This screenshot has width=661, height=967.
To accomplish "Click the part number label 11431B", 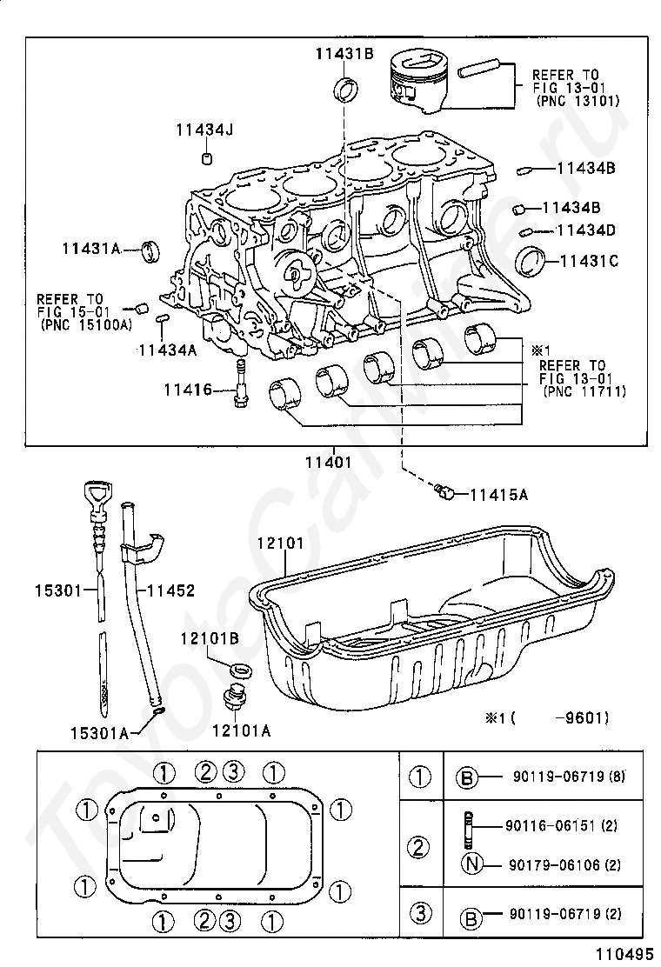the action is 344,54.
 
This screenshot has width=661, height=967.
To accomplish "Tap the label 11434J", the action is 204,130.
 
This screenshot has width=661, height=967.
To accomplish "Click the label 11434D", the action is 586,230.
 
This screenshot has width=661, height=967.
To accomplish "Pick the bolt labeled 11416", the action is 240,383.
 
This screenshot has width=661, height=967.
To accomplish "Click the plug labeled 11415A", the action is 444,491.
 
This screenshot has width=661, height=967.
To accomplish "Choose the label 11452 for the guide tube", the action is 170,590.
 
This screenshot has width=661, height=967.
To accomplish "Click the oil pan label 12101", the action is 281,544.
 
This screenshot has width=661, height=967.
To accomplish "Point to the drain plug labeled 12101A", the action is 235,698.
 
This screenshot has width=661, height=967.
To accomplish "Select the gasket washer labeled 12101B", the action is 240,669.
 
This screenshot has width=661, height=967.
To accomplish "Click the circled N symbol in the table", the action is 471,864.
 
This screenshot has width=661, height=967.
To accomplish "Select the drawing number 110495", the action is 624,954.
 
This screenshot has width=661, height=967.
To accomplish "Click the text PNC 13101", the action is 578,101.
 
